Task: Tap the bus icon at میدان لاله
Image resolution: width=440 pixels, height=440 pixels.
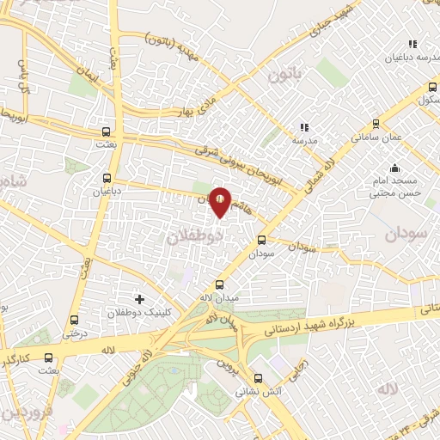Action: (x=219, y=284)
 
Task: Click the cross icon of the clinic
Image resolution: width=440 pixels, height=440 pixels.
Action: (x=139, y=298)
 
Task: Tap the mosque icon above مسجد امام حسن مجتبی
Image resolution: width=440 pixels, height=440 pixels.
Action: (x=394, y=168)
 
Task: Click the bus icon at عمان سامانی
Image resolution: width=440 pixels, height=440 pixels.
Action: (x=376, y=124)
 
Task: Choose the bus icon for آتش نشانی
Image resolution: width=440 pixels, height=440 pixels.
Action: (x=258, y=378)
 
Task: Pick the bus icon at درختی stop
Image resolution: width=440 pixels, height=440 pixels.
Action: (x=75, y=319)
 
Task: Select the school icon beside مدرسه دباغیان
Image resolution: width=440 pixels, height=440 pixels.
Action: (x=412, y=44)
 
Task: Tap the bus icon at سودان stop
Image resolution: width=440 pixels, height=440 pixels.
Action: (x=262, y=241)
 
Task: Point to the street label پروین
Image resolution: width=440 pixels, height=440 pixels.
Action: (x=226, y=370)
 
